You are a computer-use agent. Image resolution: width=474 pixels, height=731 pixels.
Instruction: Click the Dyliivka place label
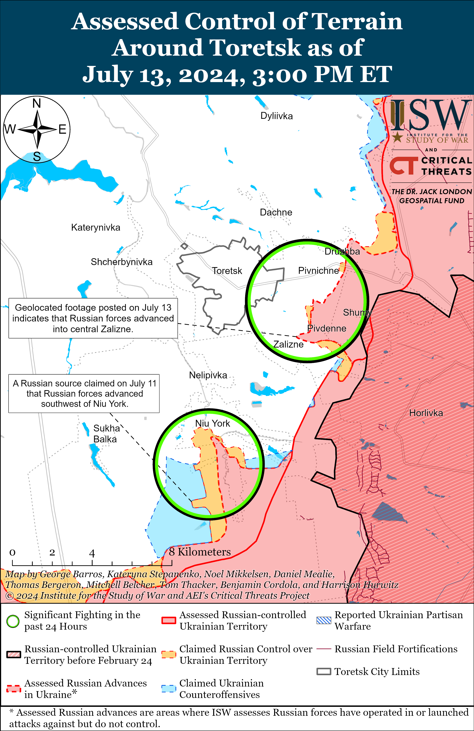pyautogui.click(x=276, y=116)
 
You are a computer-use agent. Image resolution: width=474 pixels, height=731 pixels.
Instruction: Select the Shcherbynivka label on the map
pyautogui.click(x=122, y=262)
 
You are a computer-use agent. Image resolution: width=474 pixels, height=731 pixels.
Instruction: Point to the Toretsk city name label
pyautogui.click(x=227, y=271)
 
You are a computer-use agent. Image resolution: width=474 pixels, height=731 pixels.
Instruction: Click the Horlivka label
pyautogui.click(x=426, y=413)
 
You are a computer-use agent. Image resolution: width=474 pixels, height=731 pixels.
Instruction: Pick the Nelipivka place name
pyautogui.click(x=208, y=375)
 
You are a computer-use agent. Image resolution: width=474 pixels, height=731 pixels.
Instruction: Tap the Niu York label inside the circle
pyautogui.click(x=212, y=423)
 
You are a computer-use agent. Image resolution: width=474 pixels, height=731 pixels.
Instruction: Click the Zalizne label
pyautogui.click(x=288, y=345)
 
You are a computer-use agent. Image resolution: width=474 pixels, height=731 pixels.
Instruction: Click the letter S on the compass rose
pyautogui.click(x=37, y=157)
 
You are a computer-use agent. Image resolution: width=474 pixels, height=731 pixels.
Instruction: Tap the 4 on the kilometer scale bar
pyautogui.click(x=92, y=554)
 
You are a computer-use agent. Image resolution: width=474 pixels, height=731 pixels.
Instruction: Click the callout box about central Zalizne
pyautogui.click(x=93, y=318)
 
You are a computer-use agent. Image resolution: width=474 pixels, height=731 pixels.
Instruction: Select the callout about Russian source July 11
pyautogui.click(x=84, y=394)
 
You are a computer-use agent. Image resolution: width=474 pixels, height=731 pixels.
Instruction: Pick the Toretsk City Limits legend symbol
pyautogui.click(x=324, y=672)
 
